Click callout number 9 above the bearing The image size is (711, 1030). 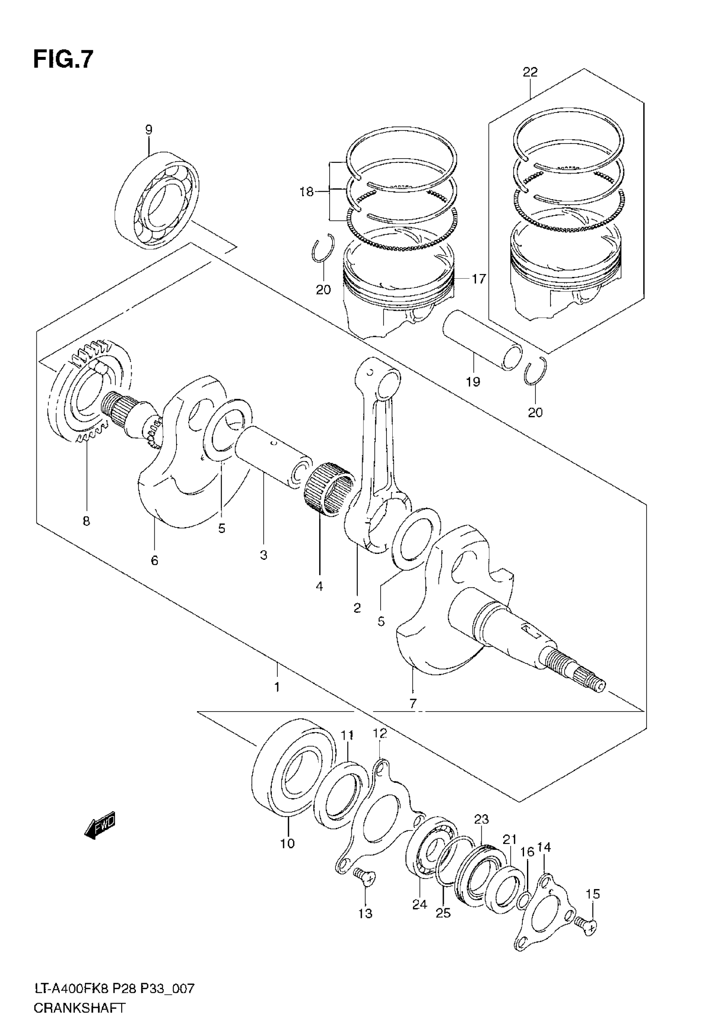149,130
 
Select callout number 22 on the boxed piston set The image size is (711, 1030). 530,72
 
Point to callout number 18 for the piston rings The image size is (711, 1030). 307,192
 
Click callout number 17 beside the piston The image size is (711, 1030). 478,279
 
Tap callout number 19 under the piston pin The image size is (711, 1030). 473,382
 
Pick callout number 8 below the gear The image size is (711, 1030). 87,521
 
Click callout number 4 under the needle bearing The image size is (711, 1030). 320,587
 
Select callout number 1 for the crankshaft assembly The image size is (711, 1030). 277,687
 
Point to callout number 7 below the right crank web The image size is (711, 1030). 413,704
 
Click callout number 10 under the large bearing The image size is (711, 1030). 288,843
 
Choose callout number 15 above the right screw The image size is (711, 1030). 593,894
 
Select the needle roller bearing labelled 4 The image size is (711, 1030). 329,489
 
